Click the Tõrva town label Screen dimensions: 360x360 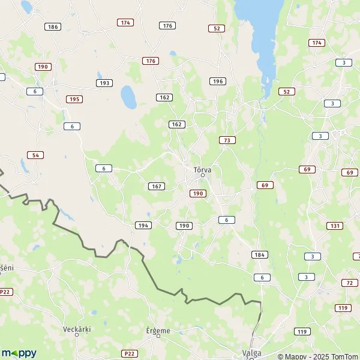coord(203,170)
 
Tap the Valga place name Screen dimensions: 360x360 coord(251,353)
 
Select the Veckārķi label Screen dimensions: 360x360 coord(77,329)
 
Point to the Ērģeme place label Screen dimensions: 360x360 coord(158,330)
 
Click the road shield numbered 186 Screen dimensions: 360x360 coord(53,27)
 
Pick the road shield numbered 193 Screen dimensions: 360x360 coord(104,83)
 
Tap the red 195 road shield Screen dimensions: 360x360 coord(74,99)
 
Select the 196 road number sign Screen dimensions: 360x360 coord(217,81)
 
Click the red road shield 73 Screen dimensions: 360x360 coord(227,140)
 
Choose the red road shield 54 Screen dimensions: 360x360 coord(35,155)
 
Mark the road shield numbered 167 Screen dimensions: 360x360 coord(157,186)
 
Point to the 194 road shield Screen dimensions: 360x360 coord(143,225)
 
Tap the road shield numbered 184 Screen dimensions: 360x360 coord(259,255)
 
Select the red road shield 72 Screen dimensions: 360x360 coord(349,283)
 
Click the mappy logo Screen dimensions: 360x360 coord(19,353)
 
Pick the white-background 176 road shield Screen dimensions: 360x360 coord(167,25)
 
